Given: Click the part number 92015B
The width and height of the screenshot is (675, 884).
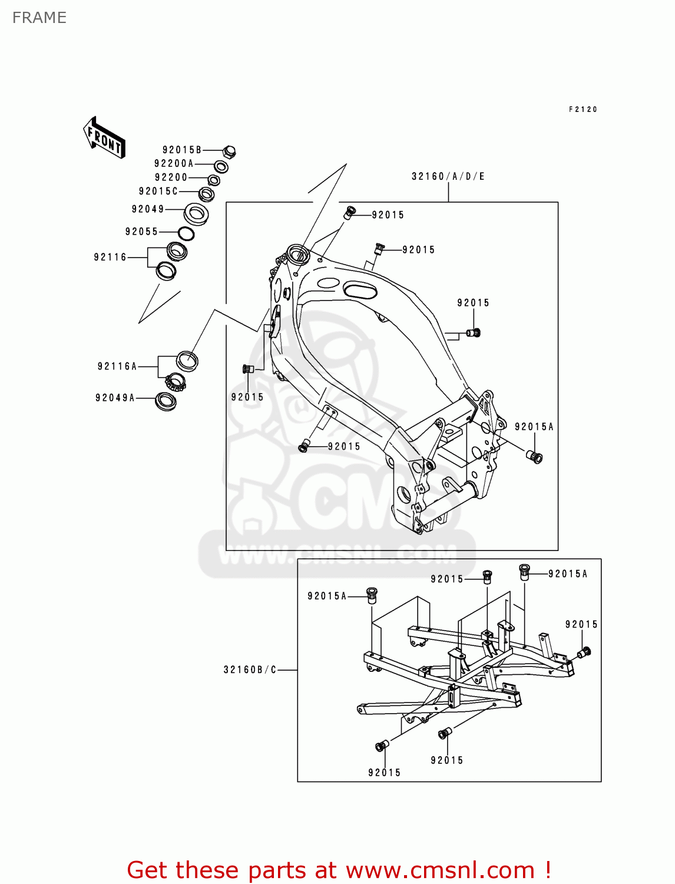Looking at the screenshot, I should click(x=182, y=150).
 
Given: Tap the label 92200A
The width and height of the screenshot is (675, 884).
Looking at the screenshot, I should click(x=174, y=164).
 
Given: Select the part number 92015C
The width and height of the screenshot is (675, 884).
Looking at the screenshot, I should click(x=158, y=192).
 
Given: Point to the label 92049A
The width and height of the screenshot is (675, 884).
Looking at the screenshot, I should click(x=115, y=398).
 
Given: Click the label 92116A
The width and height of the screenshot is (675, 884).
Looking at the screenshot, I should click(x=117, y=367).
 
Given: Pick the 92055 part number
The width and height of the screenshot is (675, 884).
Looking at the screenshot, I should click(x=141, y=232).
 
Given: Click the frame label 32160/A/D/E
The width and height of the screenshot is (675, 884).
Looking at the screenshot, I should click(x=448, y=177).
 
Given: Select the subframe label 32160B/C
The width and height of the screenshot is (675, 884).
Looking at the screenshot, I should click(x=250, y=670).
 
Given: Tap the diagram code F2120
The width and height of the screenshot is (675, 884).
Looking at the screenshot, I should click(x=583, y=110).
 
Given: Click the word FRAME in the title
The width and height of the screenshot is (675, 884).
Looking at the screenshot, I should click(x=39, y=18).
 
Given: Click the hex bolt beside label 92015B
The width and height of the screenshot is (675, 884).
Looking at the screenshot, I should click(x=230, y=151).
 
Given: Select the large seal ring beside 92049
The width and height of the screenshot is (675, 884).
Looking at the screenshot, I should click(x=196, y=213).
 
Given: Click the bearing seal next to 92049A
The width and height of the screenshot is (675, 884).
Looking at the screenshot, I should click(x=166, y=401).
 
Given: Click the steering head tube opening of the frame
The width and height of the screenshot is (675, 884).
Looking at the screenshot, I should click(x=297, y=254).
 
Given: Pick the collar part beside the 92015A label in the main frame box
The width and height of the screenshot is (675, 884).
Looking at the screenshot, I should click(x=535, y=456).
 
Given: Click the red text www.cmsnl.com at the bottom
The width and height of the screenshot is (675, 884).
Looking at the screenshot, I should click(x=439, y=870).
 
